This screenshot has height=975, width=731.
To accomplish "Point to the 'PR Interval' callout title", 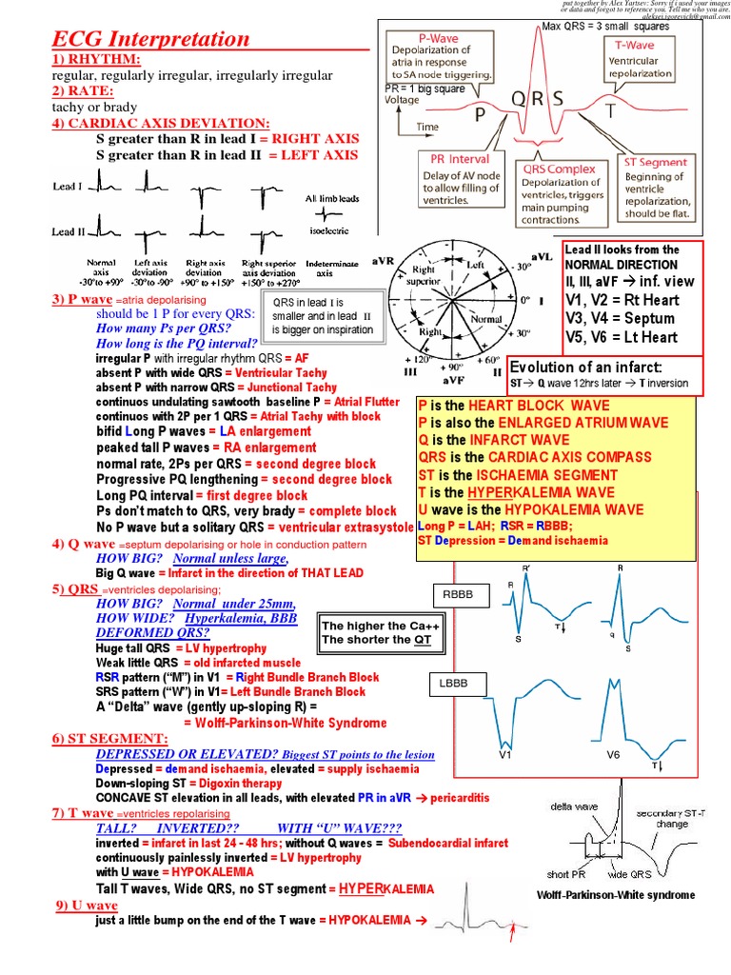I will click(x=456, y=159).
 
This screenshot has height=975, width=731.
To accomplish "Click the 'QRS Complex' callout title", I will click(x=559, y=169).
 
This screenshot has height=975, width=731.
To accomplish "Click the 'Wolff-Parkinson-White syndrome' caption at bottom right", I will click(x=616, y=894).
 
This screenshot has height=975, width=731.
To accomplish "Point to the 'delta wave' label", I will click(x=574, y=806).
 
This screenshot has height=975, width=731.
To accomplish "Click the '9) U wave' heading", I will click(x=86, y=905).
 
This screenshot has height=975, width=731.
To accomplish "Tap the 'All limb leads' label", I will click(x=330, y=199).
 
